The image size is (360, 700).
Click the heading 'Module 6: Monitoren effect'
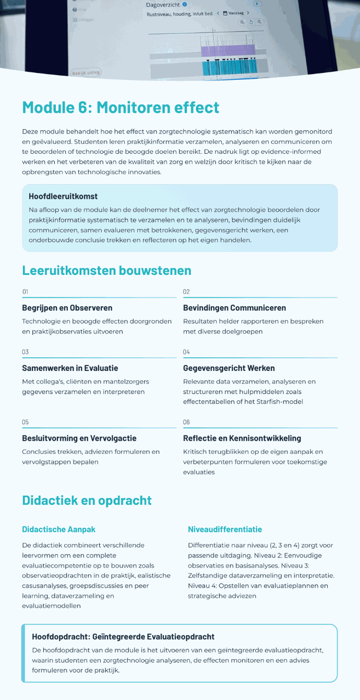[x=121, y=107]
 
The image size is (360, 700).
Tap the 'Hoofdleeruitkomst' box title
[x=63, y=197]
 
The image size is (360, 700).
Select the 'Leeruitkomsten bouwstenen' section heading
[x=106, y=270]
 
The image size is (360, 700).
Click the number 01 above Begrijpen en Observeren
[x=25, y=292]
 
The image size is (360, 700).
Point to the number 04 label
[x=186, y=352]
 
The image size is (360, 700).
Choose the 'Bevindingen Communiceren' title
[x=234, y=308]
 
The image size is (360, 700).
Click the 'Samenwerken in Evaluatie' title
[x=70, y=368]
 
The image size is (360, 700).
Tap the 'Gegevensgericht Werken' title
[x=229, y=368]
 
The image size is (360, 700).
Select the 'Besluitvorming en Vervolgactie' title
[x=79, y=438]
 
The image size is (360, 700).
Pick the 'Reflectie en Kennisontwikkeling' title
[x=242, y=438]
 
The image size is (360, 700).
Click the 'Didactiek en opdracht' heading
[x=87, y=500]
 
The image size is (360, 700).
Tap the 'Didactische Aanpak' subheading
[x=58, y=529]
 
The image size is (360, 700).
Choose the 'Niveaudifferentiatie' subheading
[x=225, y=529]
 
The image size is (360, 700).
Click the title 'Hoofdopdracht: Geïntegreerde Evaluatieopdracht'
[x=123, y=637]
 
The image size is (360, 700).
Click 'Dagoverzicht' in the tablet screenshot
[x=162, y=5]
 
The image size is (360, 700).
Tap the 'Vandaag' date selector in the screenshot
[x=236, y=13]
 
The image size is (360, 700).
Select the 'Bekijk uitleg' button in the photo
[x=86, y=72]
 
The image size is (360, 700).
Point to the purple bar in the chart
[x=227, y=51]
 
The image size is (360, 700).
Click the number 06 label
[x=186, y=422]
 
